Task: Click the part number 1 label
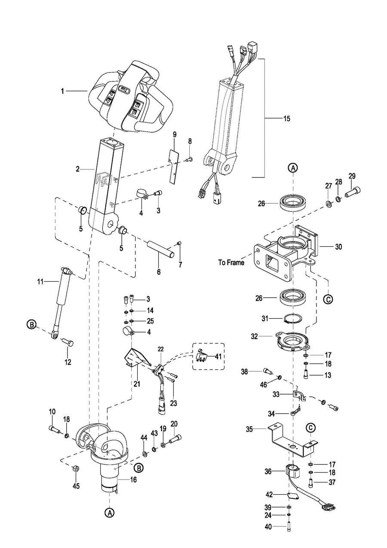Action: pyautogui.click(x=62, y=91)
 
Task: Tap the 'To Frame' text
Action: pyautogui.click(x=231, y=263)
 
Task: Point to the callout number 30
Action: pyautogui.click(x=338, y=247)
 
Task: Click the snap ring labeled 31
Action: pyautogui.click(x=292, y=319)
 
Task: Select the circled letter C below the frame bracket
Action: pyautogui.click(x=328, y=299)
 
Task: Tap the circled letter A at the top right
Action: pyautogui.click(x=293, y=168)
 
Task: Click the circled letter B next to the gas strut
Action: pyautogui.click(x=31, y=325)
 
